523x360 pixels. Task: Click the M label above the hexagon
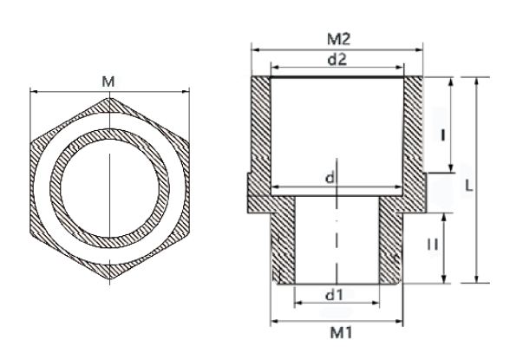pos(108,82)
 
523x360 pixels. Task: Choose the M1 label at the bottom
pos(337,331)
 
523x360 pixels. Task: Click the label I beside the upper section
pos(442,134)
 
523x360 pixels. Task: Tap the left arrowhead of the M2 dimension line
pos(254,49)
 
